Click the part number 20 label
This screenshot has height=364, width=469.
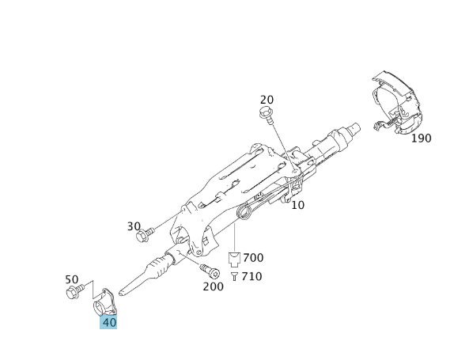pos(267,100)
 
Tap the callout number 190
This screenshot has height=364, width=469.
pos(422,138)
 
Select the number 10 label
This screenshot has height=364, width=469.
pos(297,205)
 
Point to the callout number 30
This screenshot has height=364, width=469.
pos(134,226)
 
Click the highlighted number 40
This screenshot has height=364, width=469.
pos(108,322)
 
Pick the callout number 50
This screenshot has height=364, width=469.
pos(72,279)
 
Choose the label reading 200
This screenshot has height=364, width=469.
pos(213,286)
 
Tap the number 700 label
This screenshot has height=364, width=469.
pos(253,257)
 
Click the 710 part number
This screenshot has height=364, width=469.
pos(252,276)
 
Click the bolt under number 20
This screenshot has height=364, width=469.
pos(267,115)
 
